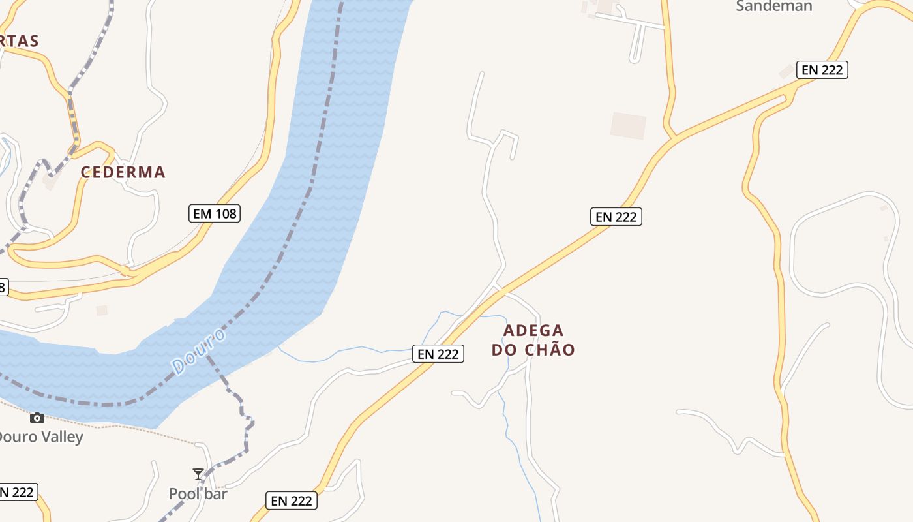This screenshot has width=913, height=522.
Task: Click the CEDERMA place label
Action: click(x=123, y=172)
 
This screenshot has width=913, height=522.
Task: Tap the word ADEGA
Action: click(x=533, y=330)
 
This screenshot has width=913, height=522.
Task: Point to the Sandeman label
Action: click(x=774, y=7)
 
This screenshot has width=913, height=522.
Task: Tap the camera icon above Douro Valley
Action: click(x=37, y=418)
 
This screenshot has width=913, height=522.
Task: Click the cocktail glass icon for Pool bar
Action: click(x=198, y=474)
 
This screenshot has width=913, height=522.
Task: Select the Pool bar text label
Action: click(x=198, y=494)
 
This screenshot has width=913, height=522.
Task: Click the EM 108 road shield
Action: click(x=215, y=213)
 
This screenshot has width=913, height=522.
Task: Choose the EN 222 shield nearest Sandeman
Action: click(x=822, y=70)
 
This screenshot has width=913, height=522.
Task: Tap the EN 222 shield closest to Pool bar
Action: click(x=292, y=500)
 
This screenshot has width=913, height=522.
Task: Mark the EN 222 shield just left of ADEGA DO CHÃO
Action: click(x=438, y=354)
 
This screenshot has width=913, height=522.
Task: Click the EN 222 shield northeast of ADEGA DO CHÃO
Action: click(x=616, y=217)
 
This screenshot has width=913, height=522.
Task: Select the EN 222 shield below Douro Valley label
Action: click(x=18, y=492)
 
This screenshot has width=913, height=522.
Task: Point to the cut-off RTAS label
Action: click(x=19, y=41)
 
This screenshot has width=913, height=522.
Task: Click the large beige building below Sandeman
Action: click(x=628, y=125)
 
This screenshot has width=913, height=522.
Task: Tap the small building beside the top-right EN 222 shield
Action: click(x=786, y=71)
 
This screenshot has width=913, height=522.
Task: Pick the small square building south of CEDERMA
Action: click(x=102, y=311)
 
